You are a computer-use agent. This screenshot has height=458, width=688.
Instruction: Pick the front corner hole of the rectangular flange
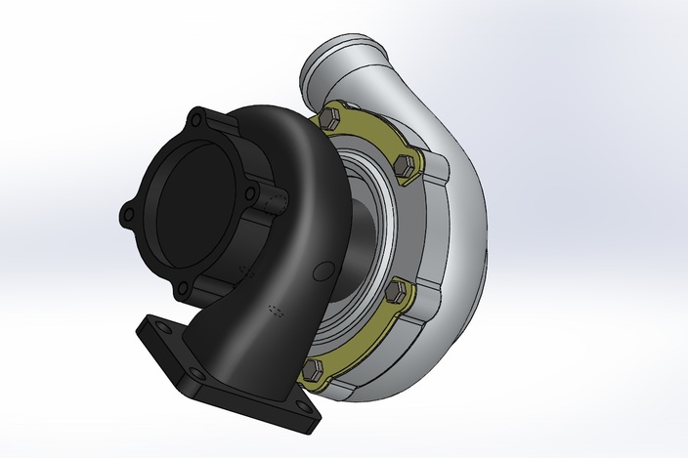(x=198, y=374)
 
